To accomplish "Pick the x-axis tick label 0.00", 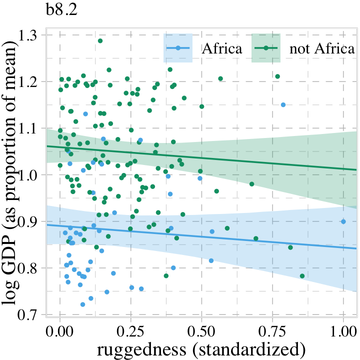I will (60, 330).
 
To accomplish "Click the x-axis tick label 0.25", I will (131, 330).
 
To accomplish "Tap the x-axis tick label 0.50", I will (201, 330).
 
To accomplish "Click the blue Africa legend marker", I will (178, 48).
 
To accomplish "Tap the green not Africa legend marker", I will (265, 48).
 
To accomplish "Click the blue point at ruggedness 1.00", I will (343, 221).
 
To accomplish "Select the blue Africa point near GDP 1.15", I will (283, 105).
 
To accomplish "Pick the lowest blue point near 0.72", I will (82, 304).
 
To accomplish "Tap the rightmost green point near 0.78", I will (302, 276).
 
